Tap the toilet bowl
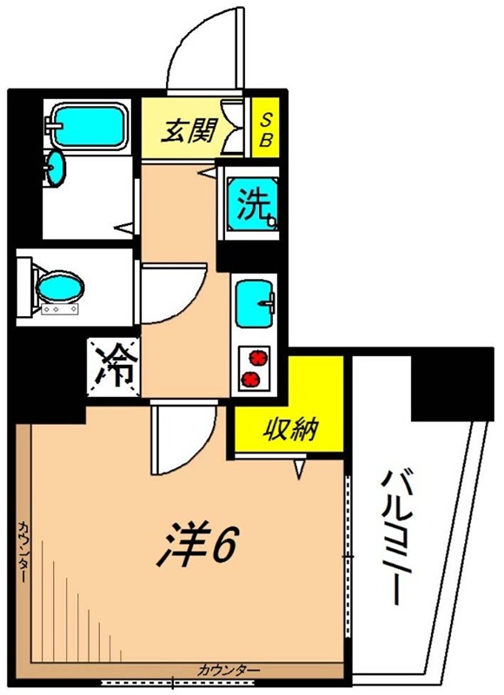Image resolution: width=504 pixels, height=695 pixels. (x=60, y=286)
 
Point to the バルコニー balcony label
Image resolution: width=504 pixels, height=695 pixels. (x=396, y=538)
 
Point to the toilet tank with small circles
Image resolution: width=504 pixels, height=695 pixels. (x=60, y=309)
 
